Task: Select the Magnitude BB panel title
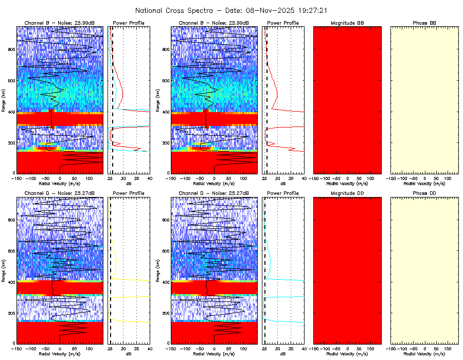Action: click(x=347, y=23)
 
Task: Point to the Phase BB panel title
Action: click(x=424, y=23)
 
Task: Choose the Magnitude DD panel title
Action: click(x=347, y=193)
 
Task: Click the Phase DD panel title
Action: click(x=424, y=193)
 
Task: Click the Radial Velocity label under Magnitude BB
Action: click(x=347, y=183)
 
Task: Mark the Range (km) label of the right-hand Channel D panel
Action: click(x=158, y=271)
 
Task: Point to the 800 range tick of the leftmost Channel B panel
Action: click(x=11, y=49)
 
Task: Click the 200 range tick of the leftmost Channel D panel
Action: click(x=11, y=313)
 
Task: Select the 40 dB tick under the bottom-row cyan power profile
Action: click(x=304, y=348)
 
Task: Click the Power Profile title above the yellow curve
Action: click(x=129, y=193)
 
